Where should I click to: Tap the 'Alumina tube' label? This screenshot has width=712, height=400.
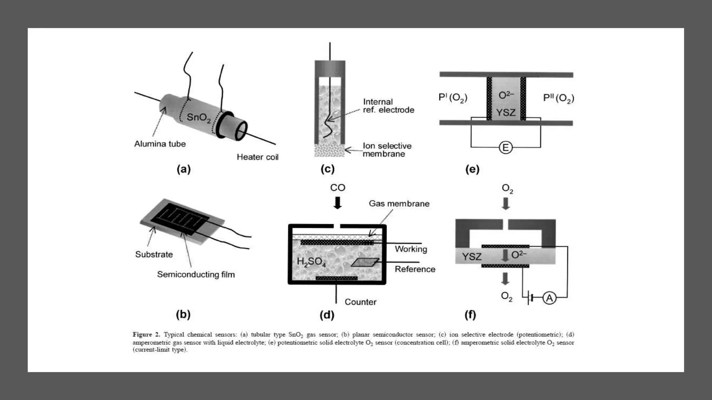160,144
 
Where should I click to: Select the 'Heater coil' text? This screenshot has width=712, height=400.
258,157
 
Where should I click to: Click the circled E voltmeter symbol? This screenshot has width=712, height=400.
505,148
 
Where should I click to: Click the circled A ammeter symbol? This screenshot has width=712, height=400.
549,298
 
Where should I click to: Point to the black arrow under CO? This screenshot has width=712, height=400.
337,203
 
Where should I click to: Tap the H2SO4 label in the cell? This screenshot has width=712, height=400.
311,262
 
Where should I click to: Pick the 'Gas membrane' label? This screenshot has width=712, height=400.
399,203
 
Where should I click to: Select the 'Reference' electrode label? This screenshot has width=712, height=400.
415,269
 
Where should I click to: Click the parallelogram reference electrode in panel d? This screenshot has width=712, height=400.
365,262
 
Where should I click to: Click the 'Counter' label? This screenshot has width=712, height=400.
360,302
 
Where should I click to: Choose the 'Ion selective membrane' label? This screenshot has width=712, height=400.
387,150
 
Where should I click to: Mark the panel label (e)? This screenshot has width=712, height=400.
472,169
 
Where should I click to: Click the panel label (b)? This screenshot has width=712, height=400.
183,314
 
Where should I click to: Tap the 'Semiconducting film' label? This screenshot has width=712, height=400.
196,274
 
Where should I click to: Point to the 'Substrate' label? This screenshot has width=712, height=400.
154,254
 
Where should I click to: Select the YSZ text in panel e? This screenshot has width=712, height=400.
505,112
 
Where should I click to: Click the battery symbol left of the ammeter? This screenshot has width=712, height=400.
529,298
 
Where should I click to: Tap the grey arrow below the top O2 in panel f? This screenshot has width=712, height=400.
506,203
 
